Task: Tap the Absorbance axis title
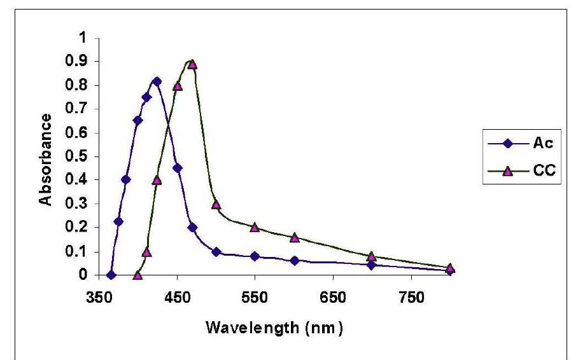pos(46,160)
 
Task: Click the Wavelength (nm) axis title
pos(276,329)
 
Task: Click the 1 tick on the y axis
pos(81,38)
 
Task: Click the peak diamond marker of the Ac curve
pos(157,81)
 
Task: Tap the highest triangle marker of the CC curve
pos(192,64)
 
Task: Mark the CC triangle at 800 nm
pos(450,268)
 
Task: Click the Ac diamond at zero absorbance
pos(111,275)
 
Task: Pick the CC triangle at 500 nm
pos(216,204)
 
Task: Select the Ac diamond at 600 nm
pos(294,261)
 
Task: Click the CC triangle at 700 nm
pos(372,256)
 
